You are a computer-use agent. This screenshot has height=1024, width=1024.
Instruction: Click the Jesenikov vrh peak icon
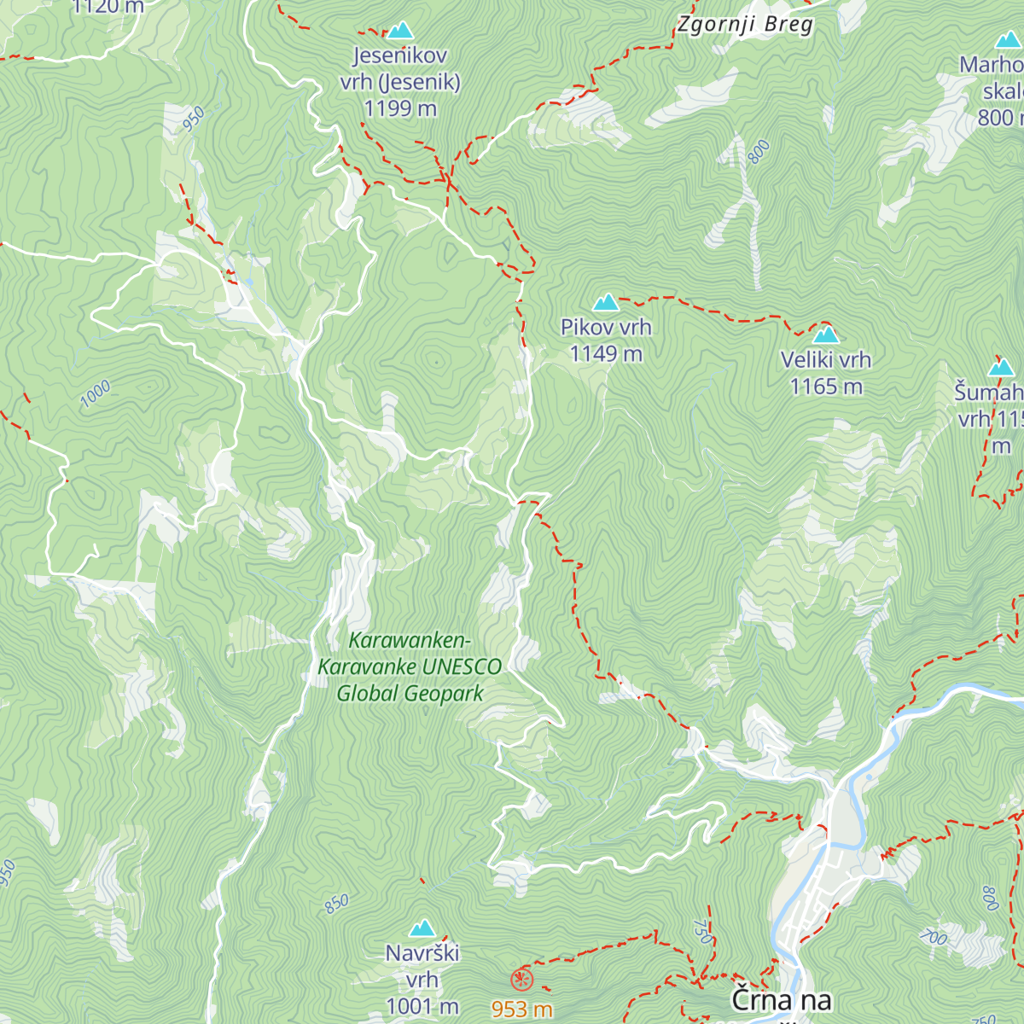click(399, 32)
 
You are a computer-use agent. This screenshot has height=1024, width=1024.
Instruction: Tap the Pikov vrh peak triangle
click(606, 302)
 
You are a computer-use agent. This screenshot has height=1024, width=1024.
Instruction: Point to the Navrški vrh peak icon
click(422, 928)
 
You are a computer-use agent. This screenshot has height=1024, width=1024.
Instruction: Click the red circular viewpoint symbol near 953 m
click(521, 979)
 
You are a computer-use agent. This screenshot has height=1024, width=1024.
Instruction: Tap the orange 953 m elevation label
click(521, 1009)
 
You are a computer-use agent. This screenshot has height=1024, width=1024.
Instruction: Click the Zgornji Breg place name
click(745, 24)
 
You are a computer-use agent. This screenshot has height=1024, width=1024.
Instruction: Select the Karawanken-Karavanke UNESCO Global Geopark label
click(410, 666)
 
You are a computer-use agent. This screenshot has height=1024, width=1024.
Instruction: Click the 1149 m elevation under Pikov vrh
click(606, 353)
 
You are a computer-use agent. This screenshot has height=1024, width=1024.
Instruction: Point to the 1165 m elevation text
click(825, 387)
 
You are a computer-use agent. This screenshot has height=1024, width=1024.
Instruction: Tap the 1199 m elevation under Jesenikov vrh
click(399, 108)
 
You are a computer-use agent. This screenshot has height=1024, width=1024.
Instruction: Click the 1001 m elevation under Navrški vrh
click(422, 1006)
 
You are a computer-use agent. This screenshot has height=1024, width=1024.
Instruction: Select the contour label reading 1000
click(96, 394)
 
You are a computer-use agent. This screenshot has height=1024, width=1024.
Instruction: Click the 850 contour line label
click(336, 903)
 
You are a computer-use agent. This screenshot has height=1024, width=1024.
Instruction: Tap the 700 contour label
click(934, 938)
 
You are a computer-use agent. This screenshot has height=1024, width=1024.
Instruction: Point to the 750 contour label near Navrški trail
click(701, 930)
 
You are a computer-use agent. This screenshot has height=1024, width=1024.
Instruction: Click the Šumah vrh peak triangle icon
click(1001, 368)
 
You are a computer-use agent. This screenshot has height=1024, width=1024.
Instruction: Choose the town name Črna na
click(781, 1000)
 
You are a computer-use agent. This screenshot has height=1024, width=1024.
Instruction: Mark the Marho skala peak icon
click(1008, 40)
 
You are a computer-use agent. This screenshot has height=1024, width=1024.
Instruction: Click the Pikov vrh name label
click(606, 327)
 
